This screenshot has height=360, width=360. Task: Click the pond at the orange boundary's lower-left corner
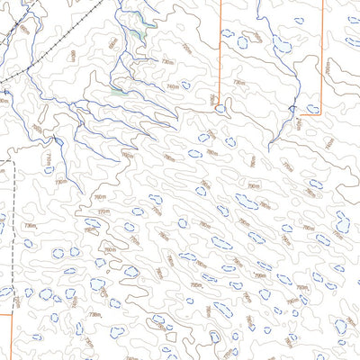(x=220, y=109)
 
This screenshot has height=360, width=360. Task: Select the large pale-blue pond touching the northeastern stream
(x=282, y=45)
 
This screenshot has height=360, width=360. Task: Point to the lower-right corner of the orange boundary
(x=321, y=114)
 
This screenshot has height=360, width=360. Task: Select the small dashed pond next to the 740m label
(x=185, y=85)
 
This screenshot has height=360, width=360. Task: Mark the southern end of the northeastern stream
(x=271, y=148)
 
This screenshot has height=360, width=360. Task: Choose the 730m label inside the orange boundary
(x=239, y=82)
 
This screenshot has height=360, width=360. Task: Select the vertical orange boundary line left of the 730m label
(x=220, y=54)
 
